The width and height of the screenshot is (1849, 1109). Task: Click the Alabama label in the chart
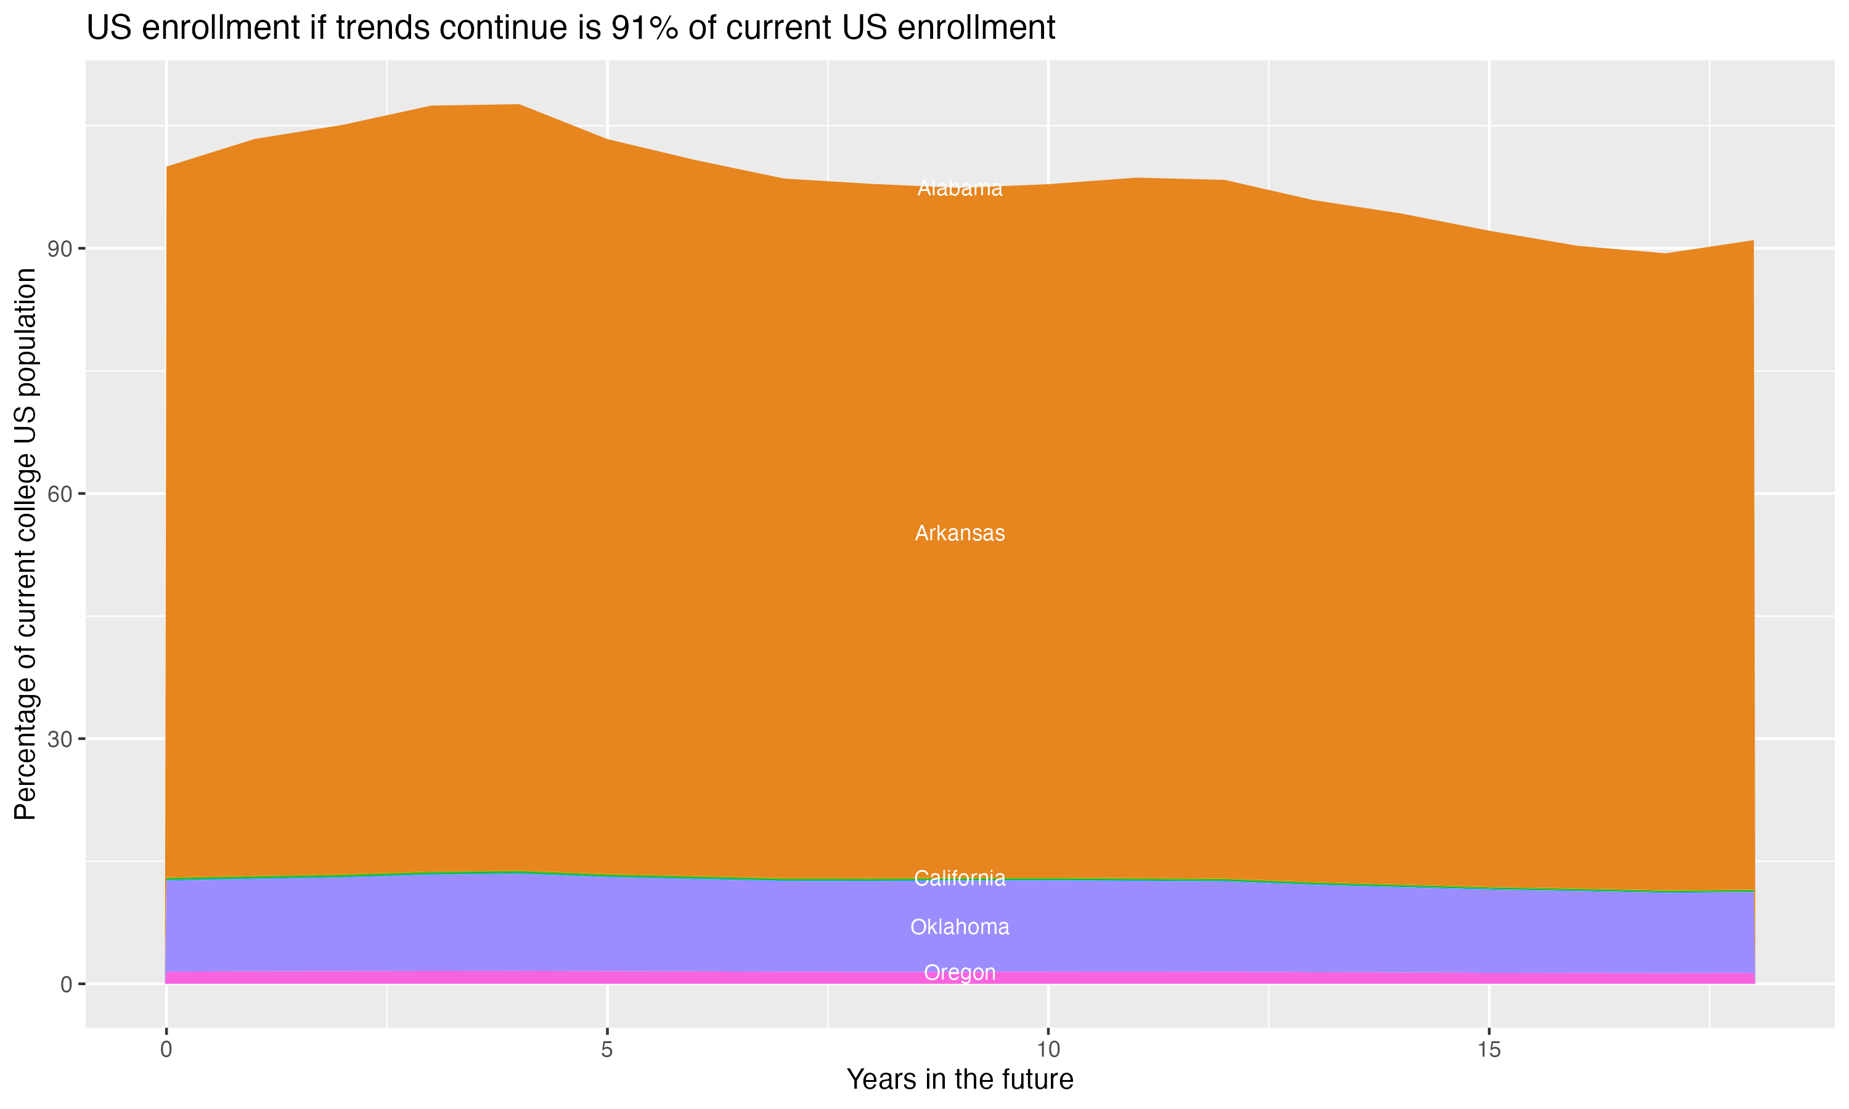(x=960, y=189)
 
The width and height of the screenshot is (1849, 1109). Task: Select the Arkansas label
(x=960, y=534)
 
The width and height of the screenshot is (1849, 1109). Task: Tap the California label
(x=960, y=878)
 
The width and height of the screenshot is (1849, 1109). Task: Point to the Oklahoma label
(x=960, y=927)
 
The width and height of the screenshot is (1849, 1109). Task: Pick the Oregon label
(x=960, y=972)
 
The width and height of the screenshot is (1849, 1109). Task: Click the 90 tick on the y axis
(x=60, y=249)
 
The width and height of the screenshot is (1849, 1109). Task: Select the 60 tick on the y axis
(x=60, y=494)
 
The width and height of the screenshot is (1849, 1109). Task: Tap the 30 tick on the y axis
(x=60, y=739)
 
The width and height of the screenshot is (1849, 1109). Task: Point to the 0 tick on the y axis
(x=67, y=984)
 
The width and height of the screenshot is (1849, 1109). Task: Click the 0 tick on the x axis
(x=166, y=1050)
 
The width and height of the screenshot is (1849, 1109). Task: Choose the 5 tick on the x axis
(x=607, y=1050)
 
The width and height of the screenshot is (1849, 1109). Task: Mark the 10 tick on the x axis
(x=1048, y=1050)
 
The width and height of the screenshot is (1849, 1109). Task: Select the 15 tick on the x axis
(x=1489, y=1050)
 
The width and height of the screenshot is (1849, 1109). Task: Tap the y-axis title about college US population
(x=25, y=543)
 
